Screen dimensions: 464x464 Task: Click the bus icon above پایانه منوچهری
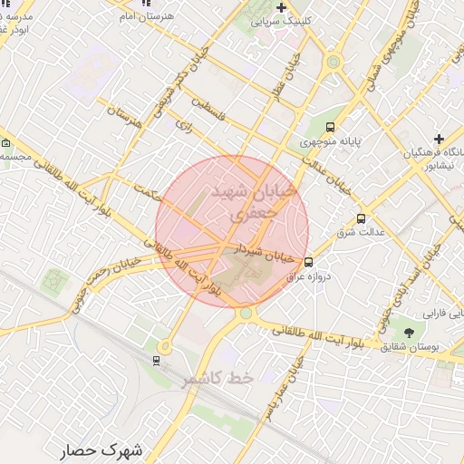[x=330, y=128]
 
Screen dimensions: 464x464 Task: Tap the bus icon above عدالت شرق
[x=362, y=218]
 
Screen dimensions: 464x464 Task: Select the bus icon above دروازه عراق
[x=308, y=263]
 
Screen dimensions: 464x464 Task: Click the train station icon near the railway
[x=157, y=361]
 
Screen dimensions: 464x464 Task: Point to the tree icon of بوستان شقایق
[x=408, y=333]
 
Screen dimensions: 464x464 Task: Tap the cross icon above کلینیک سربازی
[x=281, y=7]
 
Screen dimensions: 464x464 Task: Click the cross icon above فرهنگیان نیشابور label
[x=439, y=139]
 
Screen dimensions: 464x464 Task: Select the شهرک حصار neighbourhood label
[x=103, y=449]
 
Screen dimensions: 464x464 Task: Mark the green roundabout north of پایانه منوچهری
[x=333, y=63]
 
